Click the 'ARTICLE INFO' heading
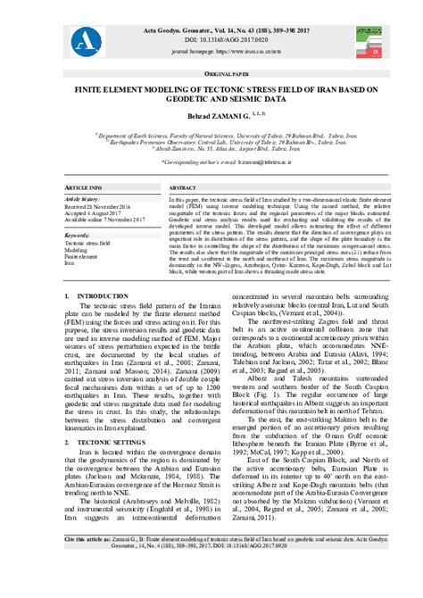84,188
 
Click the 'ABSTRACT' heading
182,188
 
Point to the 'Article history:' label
83,199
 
